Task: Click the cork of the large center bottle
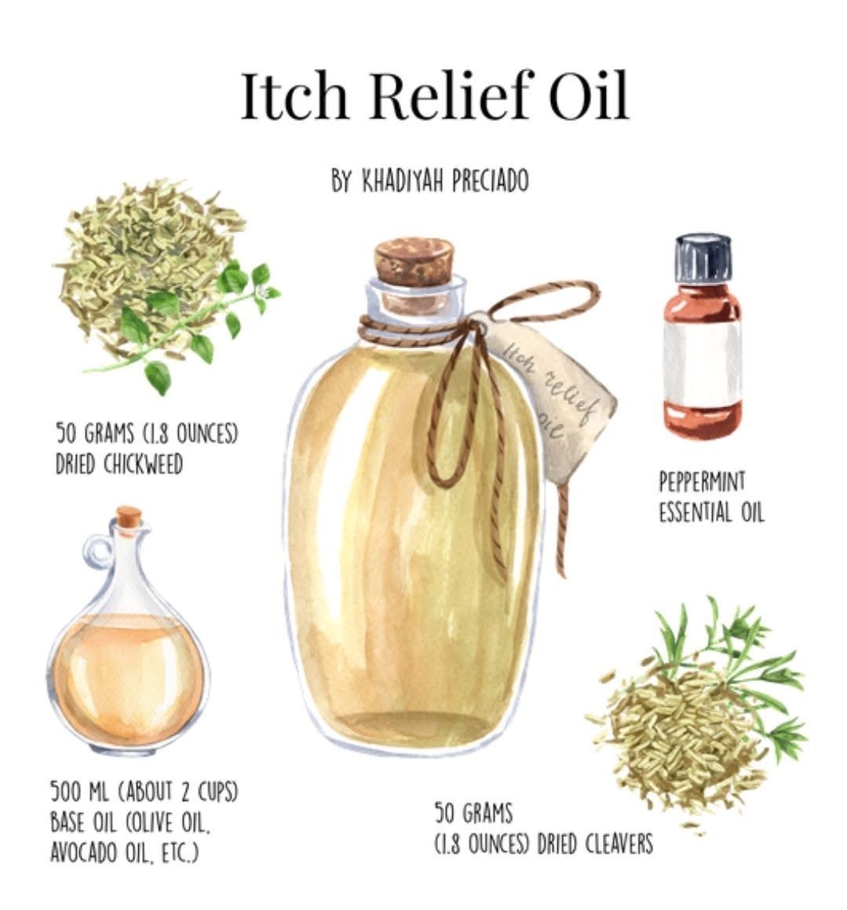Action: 414,262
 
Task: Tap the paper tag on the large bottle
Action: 549,395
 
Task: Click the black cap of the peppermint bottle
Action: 703,257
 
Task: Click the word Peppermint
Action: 702,482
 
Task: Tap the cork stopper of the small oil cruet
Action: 129,516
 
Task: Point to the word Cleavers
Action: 618,843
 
